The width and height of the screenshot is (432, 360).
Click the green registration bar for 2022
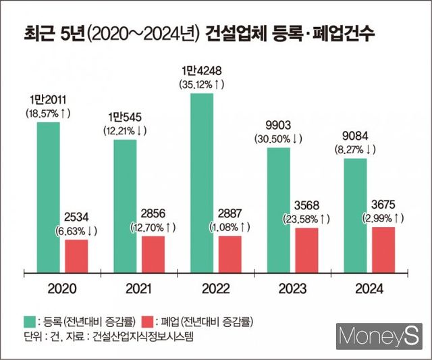(202, 182)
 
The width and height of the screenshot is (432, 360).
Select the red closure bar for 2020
(76, 255)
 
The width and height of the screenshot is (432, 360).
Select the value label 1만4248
(202, 71)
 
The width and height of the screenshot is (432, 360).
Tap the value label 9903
(279, 125)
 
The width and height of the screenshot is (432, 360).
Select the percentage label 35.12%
(202, 85)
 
